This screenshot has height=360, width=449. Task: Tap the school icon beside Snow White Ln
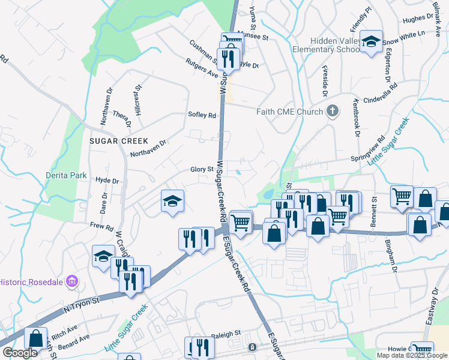click(x=372, y=41)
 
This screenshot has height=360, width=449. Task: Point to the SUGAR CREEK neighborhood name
click(x=118, y=140)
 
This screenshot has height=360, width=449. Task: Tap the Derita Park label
click(x=66, y=176)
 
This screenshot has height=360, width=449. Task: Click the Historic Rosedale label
click(x=31, y=281)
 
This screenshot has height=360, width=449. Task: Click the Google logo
click(x=20, y=353)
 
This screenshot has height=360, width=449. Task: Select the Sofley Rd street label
click(x=202, y=116)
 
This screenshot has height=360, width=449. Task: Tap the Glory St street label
click(x=202, y=170)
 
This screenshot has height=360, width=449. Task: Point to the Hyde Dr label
click(x=107, y=180)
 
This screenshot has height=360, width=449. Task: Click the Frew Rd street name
click(x=101, y=227)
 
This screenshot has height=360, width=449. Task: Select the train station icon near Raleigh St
click(x=252, y=347)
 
